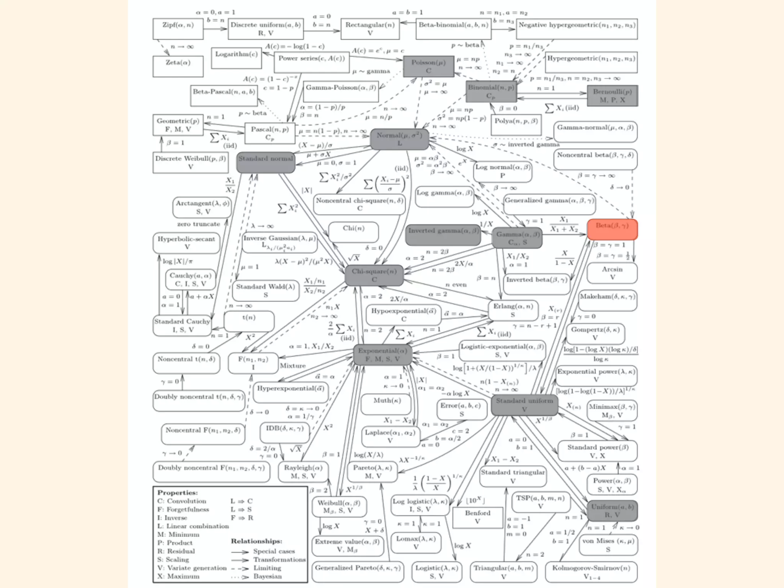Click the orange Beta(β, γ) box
click(x=612, y=229)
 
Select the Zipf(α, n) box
click(x=178, y=29)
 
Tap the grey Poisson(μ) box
click(x=428, y=66)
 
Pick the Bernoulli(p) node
click(x=612, y=96)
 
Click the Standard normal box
click(x=266, y=162)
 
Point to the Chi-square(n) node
click(x=374, y=275)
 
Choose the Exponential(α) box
click(x=382, y=354)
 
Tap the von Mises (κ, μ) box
click(x=608, y=545)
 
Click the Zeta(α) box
click(x=178, y=66)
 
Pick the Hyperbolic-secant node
click(x=186, y=243)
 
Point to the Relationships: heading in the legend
click(x=256, y=541)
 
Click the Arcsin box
click(x=612, y=273)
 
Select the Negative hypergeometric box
click(x=577, y=29)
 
